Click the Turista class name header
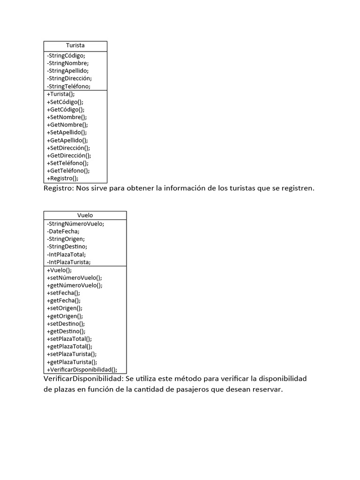(75, 46)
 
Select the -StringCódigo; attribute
(66, 55)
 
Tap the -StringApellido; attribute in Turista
(68, 71)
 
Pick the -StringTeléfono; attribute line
(68, 86)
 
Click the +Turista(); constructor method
(60, 94)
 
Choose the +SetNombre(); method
(67, 117)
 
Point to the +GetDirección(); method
(69, 155)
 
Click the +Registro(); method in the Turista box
(62, 178)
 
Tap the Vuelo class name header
(85, 216)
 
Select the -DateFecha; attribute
(63, 231)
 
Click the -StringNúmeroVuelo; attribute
(75, 224)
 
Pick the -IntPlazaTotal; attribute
(66, 254)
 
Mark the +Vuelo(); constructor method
(59, 270)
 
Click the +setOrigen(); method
(64, 308)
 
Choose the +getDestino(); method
(66, 331)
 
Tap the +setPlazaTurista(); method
(72, 354)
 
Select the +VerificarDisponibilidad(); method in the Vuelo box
(82, 369)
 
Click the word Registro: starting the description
(58, 188)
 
